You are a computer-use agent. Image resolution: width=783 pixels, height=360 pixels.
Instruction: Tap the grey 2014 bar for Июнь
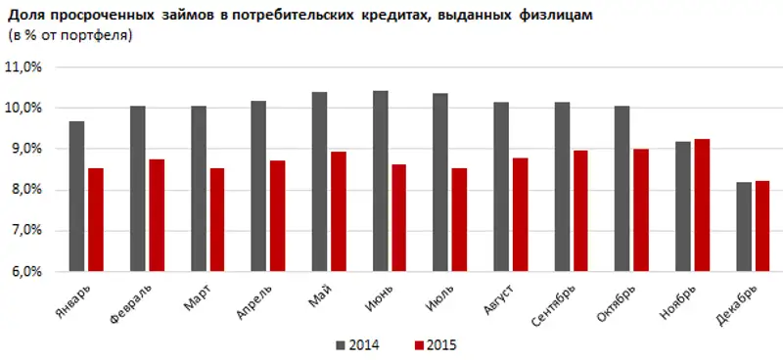pos(380,181)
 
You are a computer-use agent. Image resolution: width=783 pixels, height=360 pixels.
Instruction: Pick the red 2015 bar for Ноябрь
pos(703,205)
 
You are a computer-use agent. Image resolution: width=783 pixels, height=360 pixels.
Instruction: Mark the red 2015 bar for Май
pos(339,211)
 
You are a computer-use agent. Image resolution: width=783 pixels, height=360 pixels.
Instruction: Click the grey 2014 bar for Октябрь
pos(622,189)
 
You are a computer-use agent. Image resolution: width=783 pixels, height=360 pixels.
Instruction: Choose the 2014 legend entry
pos(357,344)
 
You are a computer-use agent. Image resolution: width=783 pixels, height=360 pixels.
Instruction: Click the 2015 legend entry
pos(437,344)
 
